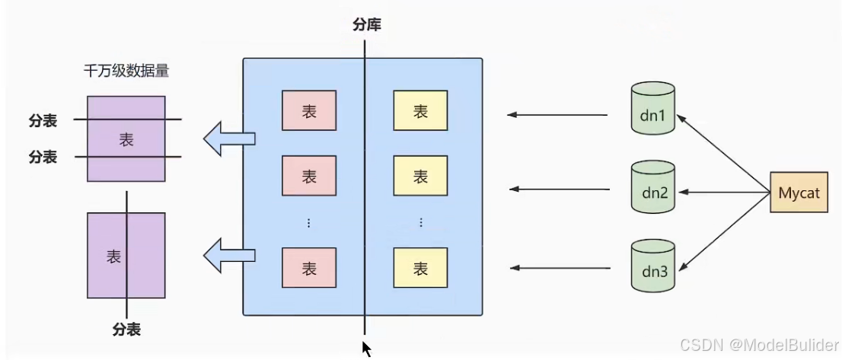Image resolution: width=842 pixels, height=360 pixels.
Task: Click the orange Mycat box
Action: pyautogui.click(x=799, y=193)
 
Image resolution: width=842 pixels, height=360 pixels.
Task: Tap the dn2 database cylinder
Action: pyautogui.click(x=652, y=187)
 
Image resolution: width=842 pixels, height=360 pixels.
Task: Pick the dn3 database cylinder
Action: pyautogui.click(x=653, y=266)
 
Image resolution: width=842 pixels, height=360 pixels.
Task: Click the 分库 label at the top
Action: pyautogui.click(x=366, y=25)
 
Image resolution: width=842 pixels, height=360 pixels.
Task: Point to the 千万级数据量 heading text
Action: pyautogui.click(x=126, y=72)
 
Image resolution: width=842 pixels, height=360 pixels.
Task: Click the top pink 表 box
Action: pyautogui.click(x=309, y=112)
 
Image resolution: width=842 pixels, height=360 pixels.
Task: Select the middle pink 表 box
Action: pyautogui.click(x=309, y=177)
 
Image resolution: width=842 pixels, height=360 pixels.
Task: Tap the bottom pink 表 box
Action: pyautogui.click(x=309, y=268)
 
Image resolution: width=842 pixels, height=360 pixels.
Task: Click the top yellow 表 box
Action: pyautogui.click(x=420, y=112)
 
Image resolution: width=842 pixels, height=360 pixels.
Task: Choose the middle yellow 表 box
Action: pyautogui.click(x=420, y=177)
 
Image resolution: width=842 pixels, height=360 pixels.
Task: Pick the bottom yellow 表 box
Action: pyautogui.click(x=420, y=268)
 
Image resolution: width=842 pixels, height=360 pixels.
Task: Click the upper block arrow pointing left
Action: pyautogui.click(x=228, y=138)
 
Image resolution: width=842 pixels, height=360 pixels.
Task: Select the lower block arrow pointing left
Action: pyautogui.click(x=228, y=255)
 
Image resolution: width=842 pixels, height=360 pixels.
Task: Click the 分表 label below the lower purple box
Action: pyautogui.click(x=126, y=330)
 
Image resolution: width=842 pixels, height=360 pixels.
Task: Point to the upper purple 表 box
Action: pyautogui.click(x=126, y=139)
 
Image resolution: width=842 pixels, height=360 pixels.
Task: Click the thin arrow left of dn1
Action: pyautogui.click(x=558, y=115)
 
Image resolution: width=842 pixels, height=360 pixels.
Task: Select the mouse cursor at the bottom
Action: pyautogui.click(x=367, y=349)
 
